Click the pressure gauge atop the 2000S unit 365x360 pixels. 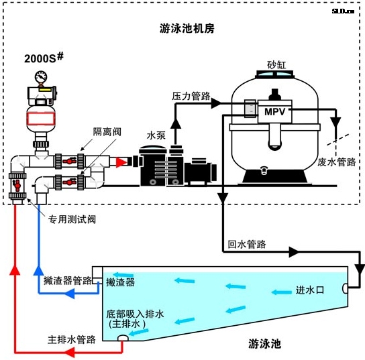coord(41,77)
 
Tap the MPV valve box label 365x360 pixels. coord(274,112)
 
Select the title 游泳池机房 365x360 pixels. coord(187,29)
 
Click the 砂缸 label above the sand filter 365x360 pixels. coord(276,65)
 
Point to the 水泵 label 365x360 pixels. coord(156,135)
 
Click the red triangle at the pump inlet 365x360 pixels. coord(121,162)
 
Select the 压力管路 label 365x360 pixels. coord(191,96)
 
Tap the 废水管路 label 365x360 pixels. coord(337,162)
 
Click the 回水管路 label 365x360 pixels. coord(246,244)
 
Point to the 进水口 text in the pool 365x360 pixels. coord(310,290)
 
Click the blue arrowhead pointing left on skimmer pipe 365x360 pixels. coord(69,293)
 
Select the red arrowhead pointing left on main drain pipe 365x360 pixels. coord(69,352)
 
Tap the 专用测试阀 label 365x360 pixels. coord(72,219)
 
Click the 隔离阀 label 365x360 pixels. coord(107,132)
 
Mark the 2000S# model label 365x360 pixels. coord(44,58)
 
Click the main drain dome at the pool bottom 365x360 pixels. coord(123,338)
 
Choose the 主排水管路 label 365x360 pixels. coord(72,339)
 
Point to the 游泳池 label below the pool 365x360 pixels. coord(264,344)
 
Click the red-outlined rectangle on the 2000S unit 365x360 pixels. coord(41,119)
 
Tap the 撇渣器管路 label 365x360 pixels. coord(68,280)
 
